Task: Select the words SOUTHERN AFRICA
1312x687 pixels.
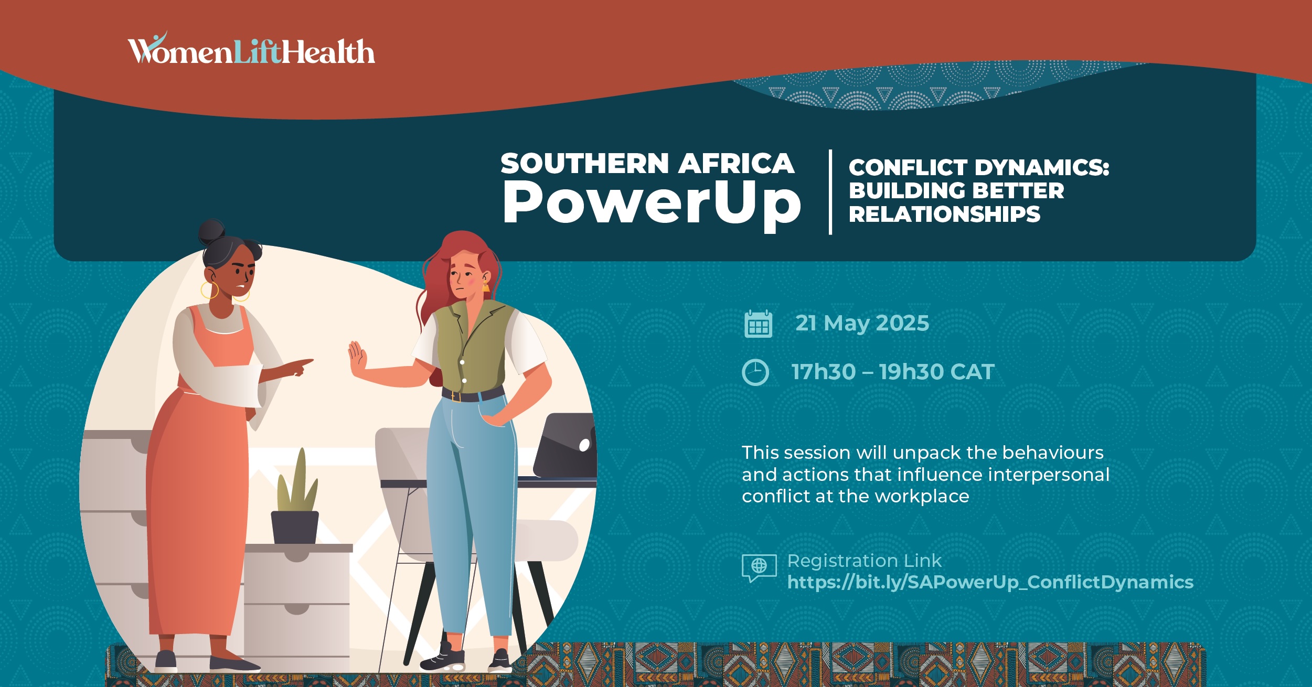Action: point(647,163)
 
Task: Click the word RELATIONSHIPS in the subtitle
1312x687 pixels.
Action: point(944,214)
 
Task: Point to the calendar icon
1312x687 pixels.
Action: point(758,324)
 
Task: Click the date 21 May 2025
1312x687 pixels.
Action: point(862,323)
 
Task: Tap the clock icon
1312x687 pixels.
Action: point(755,372)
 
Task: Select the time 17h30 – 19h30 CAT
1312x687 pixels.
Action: point(893,372)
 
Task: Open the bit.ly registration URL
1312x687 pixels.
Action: point(990,583)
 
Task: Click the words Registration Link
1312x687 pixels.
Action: point(865,561)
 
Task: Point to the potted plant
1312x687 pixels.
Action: point(295,498)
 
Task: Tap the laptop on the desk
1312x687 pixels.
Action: point(565,445)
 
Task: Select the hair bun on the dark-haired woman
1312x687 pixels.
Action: point(212,232)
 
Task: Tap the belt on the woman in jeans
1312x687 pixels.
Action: point(473,394)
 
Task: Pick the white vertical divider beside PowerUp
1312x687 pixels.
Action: point(830,192)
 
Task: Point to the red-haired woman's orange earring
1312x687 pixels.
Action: point(485,287)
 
